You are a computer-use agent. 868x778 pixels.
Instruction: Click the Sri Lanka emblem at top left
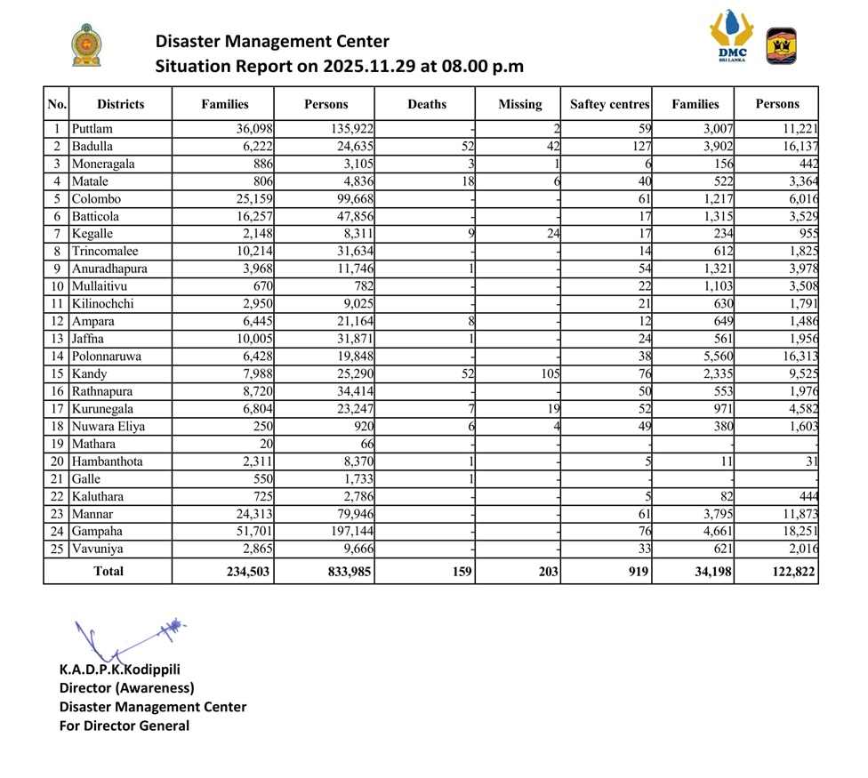click(x=86, y=46)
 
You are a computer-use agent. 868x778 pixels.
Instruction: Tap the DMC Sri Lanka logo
click(x=732, y=37)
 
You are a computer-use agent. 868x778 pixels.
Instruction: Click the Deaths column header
click(x=427, y=104)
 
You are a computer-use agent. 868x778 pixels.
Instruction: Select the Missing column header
click(x=519, y=104)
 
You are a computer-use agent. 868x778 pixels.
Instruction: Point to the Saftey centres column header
click(x=609, y=104)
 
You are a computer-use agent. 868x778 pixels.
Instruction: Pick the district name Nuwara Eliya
click(x=108, y=426)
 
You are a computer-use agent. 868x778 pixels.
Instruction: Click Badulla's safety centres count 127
click(x=639, y=147)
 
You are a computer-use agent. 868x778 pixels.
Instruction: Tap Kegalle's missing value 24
click(x=552, y=234)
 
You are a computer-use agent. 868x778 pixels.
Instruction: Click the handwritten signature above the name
click(x=130, y=637)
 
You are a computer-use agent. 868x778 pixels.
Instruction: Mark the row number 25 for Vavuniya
click(x=56, y=549)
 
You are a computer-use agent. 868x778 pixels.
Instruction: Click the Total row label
click(x=108, y=572)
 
